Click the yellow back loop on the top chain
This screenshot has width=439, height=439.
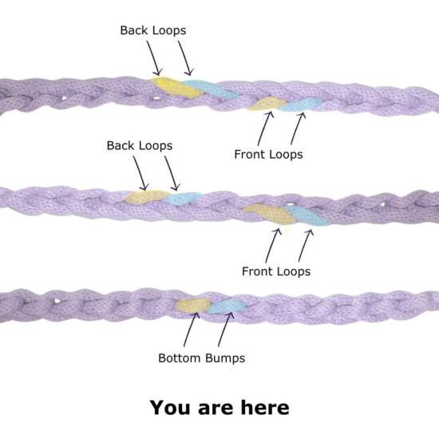(175, 86)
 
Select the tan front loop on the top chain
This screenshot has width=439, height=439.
(266, 104)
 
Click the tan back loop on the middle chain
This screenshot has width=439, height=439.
(145, 196)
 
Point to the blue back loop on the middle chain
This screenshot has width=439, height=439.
(182, 199)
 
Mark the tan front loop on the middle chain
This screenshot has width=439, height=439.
(269, 213)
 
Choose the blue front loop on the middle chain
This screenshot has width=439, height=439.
(308, 216)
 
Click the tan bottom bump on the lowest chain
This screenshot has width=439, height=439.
(192, 305)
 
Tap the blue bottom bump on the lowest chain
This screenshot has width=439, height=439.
(226, 307)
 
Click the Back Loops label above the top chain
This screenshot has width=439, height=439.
(153, 30)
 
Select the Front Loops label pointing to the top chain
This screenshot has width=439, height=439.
(268, 154)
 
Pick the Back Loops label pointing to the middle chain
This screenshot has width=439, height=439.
(140, 145)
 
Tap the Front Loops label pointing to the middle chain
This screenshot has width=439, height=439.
(276, 271)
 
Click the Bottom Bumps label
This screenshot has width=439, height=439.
(202, 358)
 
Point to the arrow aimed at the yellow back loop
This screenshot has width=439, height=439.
(154, 58)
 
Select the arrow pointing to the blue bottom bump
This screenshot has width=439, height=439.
(226, 330)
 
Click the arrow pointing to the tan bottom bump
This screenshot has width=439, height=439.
(192, 330)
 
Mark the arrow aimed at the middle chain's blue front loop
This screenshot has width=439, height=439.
(306, 246)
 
